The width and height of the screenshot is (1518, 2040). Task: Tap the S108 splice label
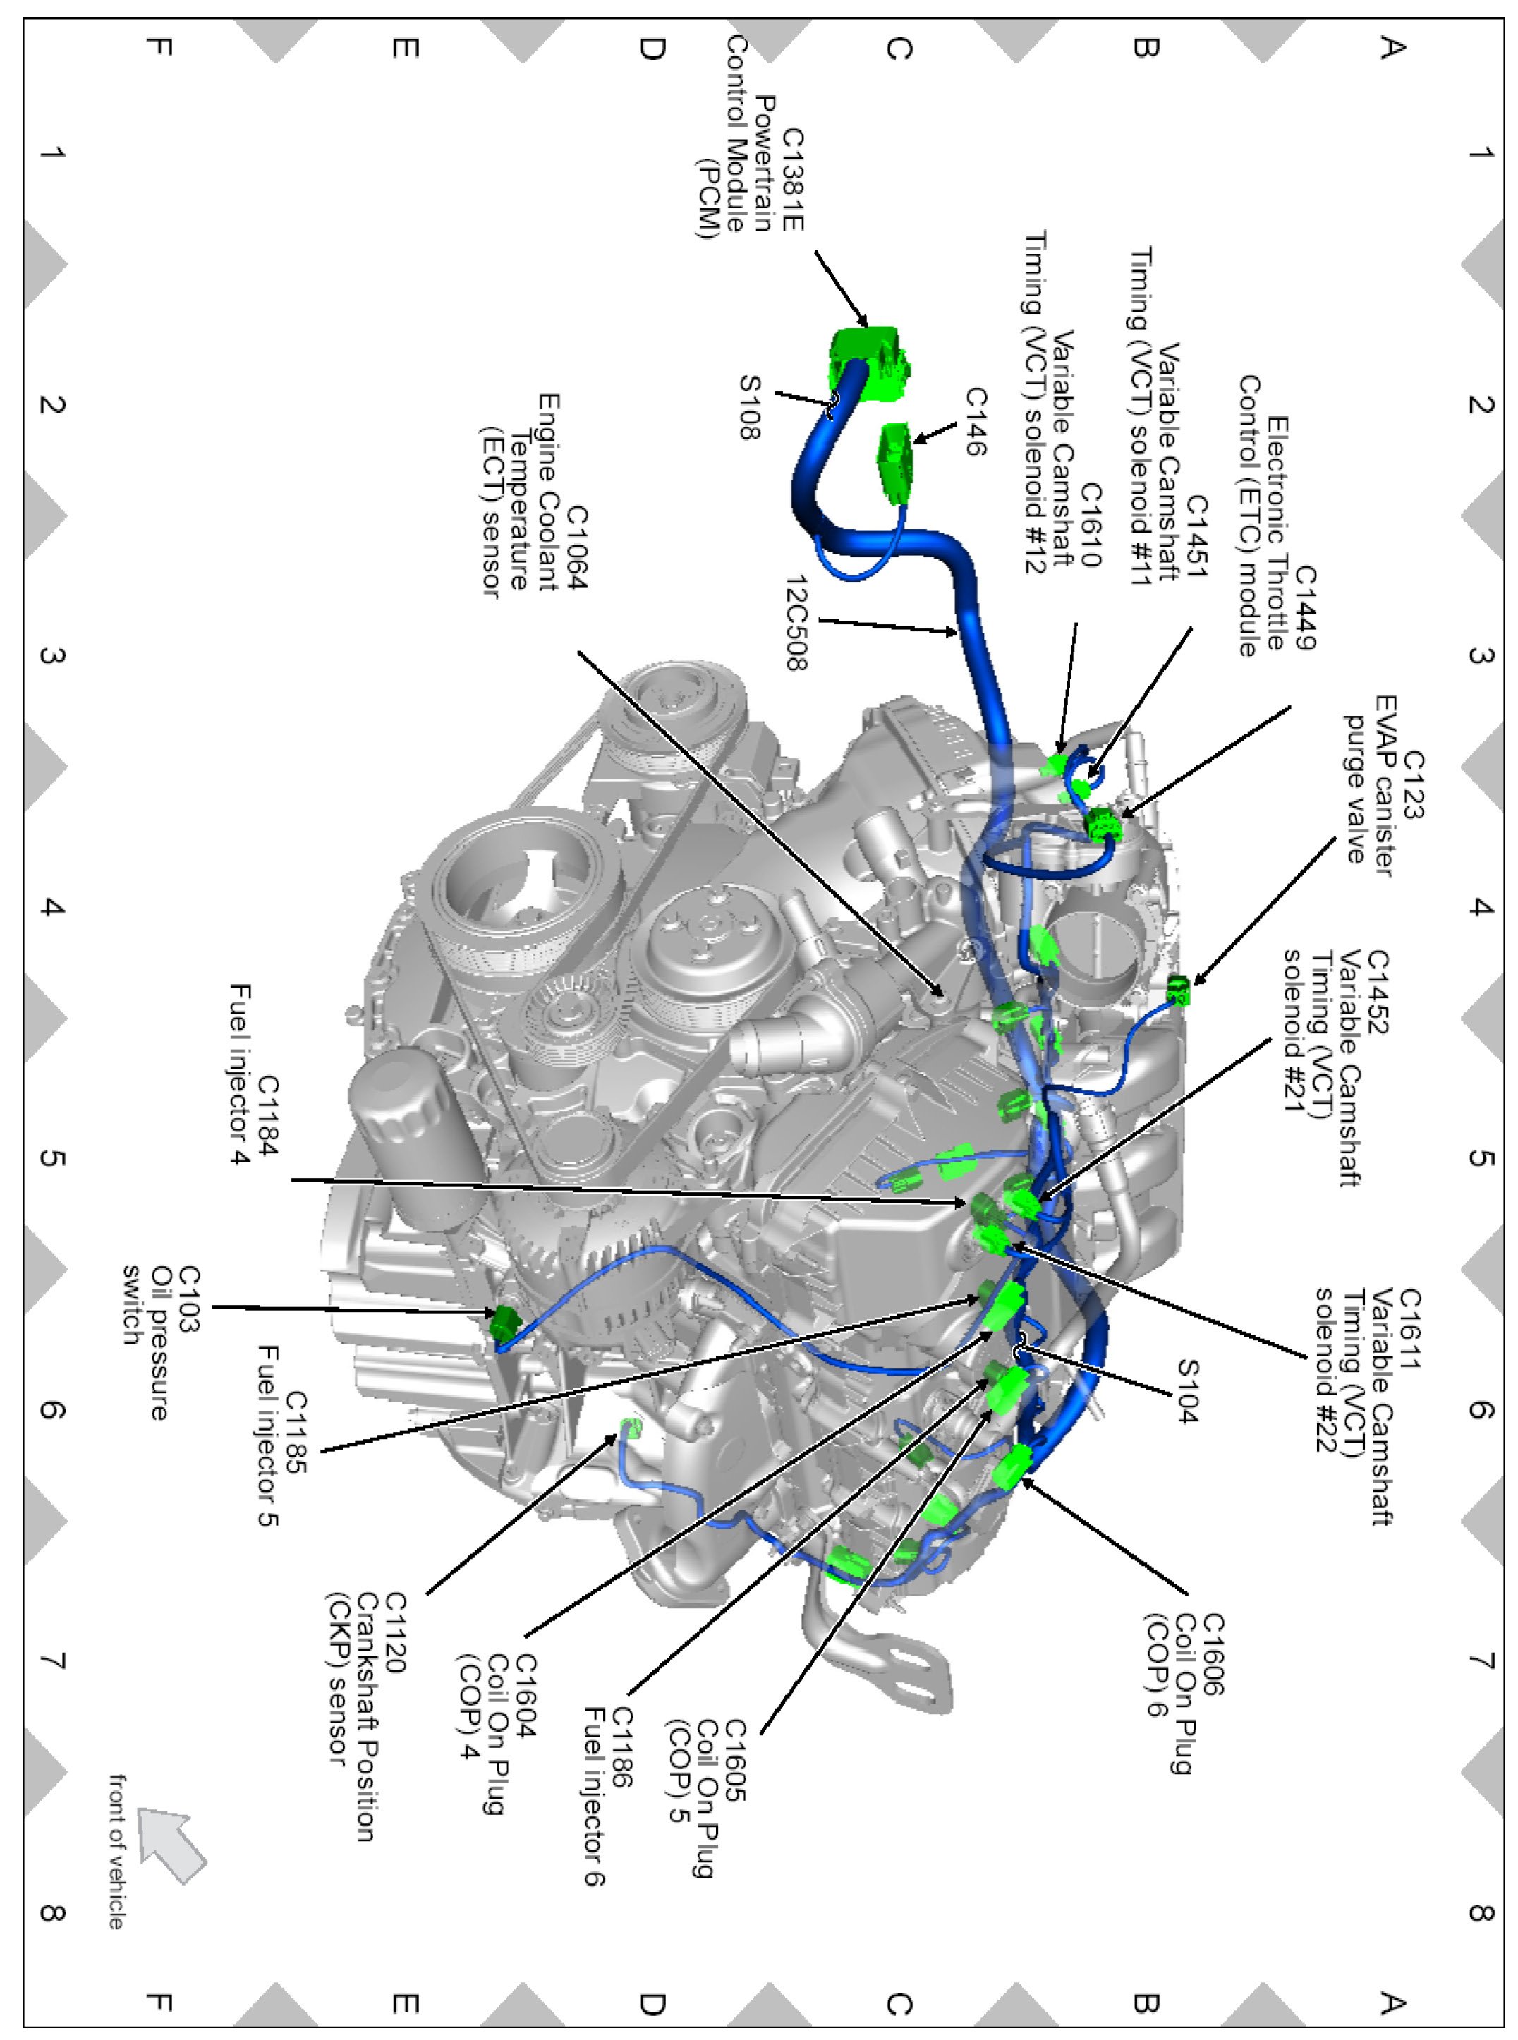751,407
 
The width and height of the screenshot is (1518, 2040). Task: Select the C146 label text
975,422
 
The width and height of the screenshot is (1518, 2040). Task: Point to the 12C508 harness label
798,623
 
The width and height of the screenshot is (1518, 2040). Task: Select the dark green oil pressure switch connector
504,1323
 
